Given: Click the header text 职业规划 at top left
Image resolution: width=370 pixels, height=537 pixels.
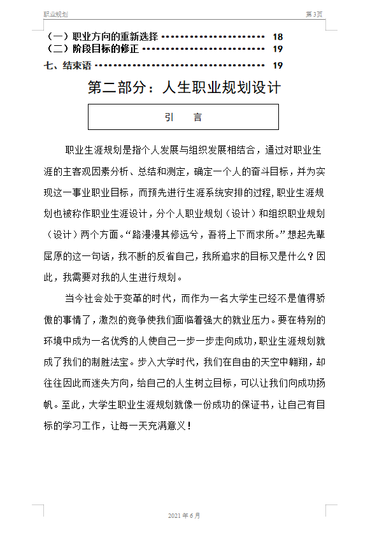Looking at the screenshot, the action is click(55, 14).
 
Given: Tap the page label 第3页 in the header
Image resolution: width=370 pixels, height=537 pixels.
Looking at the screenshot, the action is click(315, 14).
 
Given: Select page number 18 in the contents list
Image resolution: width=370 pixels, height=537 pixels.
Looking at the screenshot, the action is click(278, 37).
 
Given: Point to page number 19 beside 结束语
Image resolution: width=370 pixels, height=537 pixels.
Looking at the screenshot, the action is click(278, 65).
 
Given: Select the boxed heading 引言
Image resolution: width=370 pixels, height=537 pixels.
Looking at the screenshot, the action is click(183, 117).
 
